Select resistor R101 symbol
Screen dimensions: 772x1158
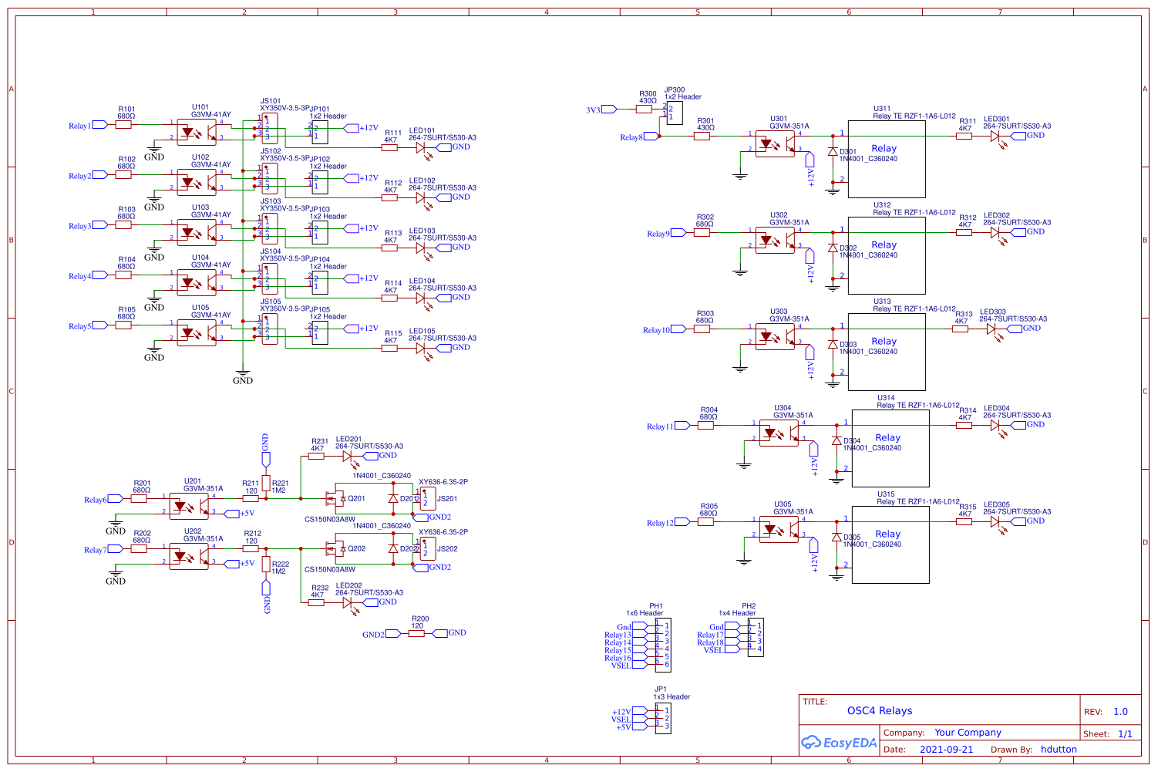point(123,124)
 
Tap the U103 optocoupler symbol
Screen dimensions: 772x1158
point(197,233)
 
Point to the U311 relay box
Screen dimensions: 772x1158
point(887,159)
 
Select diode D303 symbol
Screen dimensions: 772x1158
point(833,345)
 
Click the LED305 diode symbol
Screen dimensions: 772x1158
point(995,522)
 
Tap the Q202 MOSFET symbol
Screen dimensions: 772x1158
point(336,549)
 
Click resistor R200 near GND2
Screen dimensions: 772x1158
point(416,633)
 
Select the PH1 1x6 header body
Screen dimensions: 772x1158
point(663,645)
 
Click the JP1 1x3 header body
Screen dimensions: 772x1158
point(663,719)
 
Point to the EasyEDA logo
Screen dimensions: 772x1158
point(839,743)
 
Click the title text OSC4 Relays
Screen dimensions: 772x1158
point(879,711)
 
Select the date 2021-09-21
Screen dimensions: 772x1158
point(946,750)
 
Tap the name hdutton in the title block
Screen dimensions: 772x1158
point(1059,750)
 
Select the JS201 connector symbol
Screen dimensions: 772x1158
point(428,499)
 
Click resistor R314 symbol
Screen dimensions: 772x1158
point(964,425)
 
